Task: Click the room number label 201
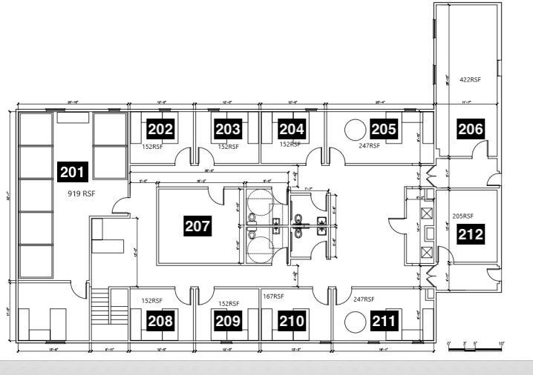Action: (x=73, y=172)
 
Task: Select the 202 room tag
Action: (x=160, y=129)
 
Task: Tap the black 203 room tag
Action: (x=228, y=129)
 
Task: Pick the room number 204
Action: (x=292, y=129)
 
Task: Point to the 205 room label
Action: (x=384, y=129)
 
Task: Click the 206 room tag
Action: (x=471, y=129)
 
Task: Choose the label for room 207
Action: (x=197, y=226)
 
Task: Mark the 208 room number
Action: (x=160, y=321)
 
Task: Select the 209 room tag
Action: (x=228, y=321)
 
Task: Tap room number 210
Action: (x=292, y=321)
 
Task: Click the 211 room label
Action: (x=384, y=321)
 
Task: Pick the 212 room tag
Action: (x=471, y=235)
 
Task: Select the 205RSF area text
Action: (x=462, y=217)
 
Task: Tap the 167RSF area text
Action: (x=274, y=296)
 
